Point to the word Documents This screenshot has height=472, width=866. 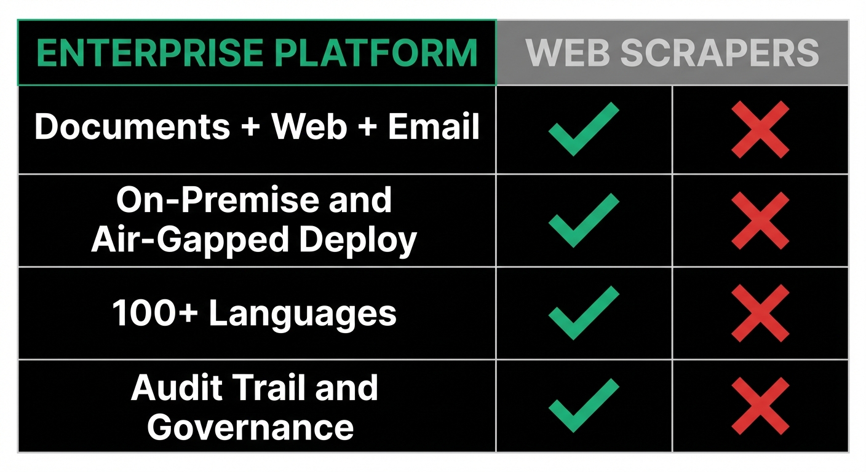point(132,127)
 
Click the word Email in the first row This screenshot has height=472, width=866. point(434,127)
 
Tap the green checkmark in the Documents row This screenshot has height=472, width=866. point(583,128)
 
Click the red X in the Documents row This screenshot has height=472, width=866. point(760,129)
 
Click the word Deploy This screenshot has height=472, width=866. point(358,240)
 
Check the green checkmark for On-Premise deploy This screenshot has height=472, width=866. point(583,220)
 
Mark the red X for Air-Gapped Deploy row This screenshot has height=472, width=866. point(760,221)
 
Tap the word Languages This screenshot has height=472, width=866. point(303,313)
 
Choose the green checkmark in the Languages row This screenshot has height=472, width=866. point(583,313)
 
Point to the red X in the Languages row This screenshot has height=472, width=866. point(760,313)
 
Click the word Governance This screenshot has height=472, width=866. point(251,427)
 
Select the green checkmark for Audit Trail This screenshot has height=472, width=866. point(583,406)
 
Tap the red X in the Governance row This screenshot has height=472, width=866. point(760,406)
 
